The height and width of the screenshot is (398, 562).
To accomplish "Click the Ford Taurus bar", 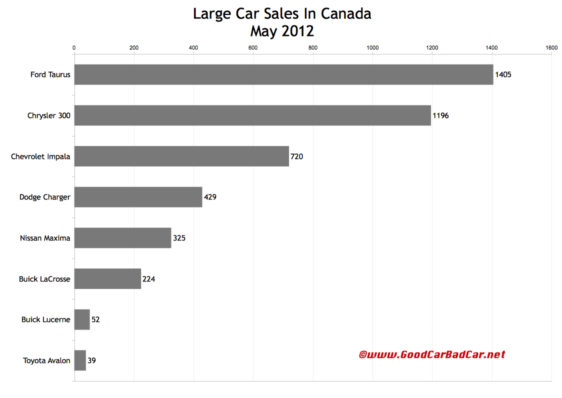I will pyautogui.click(x=283, y=74).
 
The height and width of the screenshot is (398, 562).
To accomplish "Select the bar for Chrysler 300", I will pyautogui.click(x=252, y=115).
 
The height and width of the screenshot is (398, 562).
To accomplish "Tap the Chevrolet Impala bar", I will pyautogui.click(x=181, y=156).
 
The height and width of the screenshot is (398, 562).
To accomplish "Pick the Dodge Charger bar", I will pyautogui.click(x=138, y=197).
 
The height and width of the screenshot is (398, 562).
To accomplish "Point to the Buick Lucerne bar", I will pyautogui.click(x=82, y=319).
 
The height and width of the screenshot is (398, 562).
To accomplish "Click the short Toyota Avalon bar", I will pyautogui.click(x=80, y=360).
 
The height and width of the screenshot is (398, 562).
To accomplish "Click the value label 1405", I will pyautogui.click(x=503, y=74).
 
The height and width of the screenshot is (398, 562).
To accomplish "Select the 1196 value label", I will pyautogui.click(x=440, y=115).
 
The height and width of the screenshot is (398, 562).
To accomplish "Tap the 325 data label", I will pyautogui.click(x=179, y=238).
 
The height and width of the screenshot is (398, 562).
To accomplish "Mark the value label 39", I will pyautogui.click(x=91, y=360).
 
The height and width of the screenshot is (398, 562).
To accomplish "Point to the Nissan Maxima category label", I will pyautogui.click(x=45, y=238).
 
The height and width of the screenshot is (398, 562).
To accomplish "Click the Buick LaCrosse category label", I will pyautogui.click(x=44, y=279).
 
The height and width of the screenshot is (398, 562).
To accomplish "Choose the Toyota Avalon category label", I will pyautogui.click(x=46, y=360).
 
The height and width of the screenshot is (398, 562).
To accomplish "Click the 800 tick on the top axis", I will pyautogui.click(x=313, y=47).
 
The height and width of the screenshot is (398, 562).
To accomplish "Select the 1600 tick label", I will pyautogui.click(x=551, y=47).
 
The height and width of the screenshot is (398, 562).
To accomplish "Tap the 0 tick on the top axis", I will pyautogui.click(x=74, y=47).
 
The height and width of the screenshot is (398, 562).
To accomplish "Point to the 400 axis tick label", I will pyautogui.click(x=193, y=47).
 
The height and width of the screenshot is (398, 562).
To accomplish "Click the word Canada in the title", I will pyautogui.click(x=346, y=14).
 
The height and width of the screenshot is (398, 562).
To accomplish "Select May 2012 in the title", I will pyautogui.click(x=282, y=31).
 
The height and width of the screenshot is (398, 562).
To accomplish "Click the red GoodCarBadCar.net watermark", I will pyautogui.click(x=432, y=354).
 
